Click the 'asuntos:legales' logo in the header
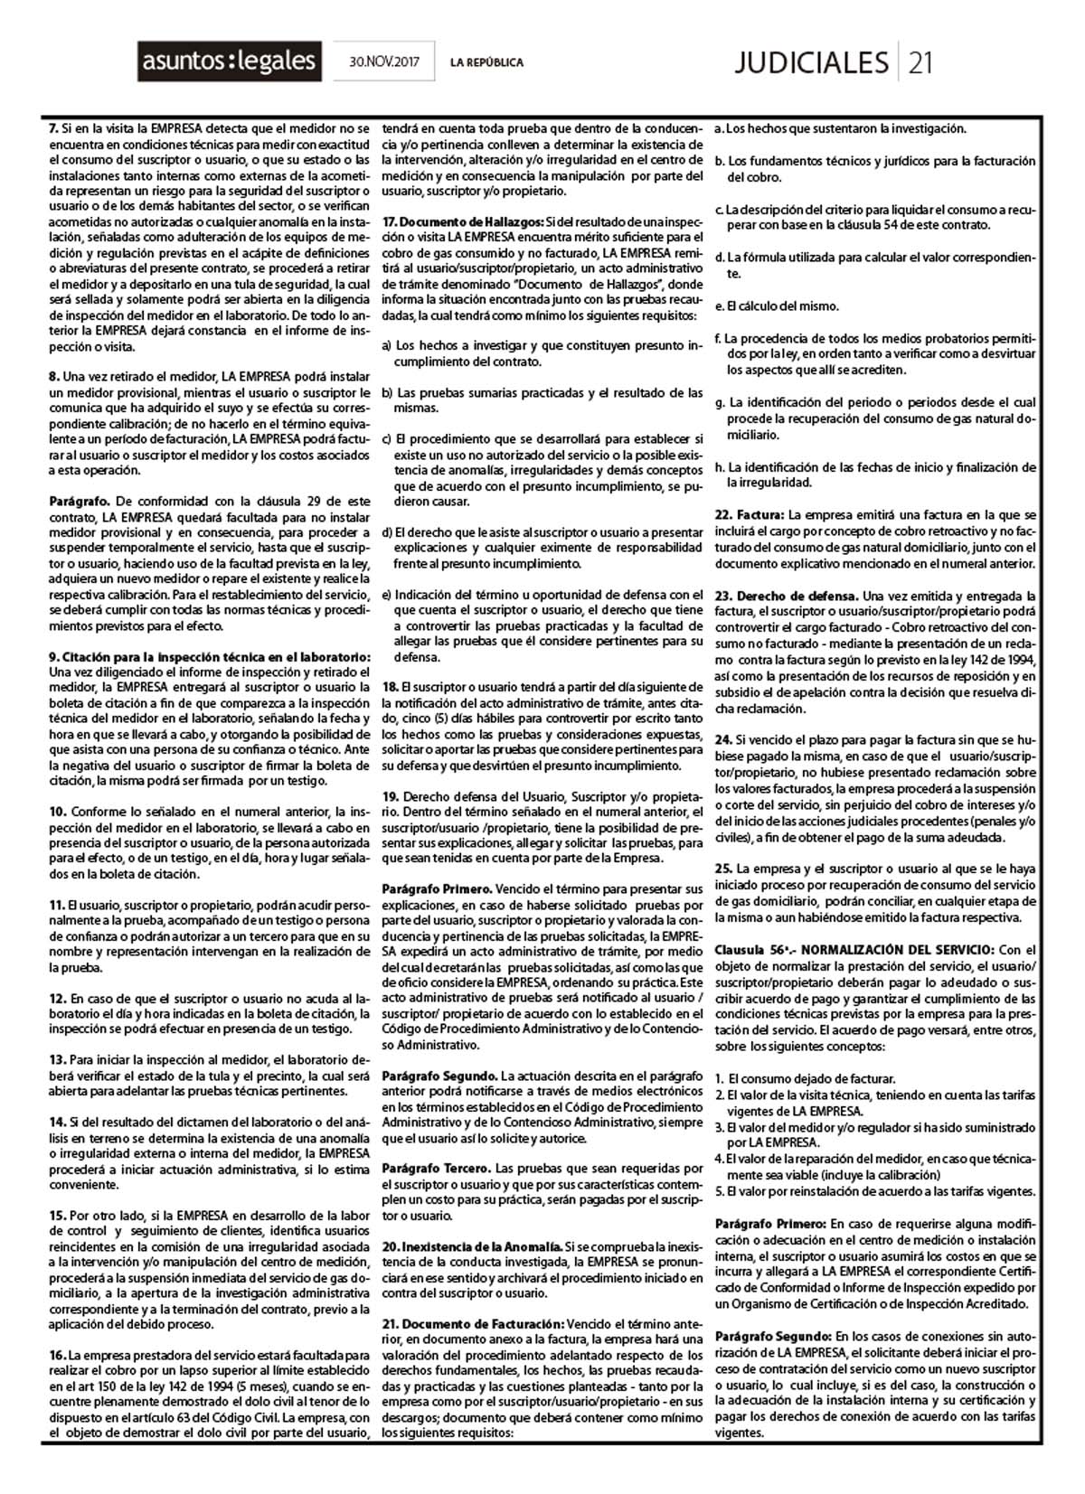click(x=230, y=61)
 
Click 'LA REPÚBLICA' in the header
click(x=486, y=62)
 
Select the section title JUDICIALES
click(x=811, y=62)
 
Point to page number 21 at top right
click(x=920, y=62)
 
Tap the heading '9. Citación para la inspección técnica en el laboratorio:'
click(x=210, y=656)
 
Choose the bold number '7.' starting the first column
click(x=53, y=129)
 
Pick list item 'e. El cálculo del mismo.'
click(x=777, y=306)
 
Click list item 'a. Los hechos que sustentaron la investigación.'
click(x=840, y=129)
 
